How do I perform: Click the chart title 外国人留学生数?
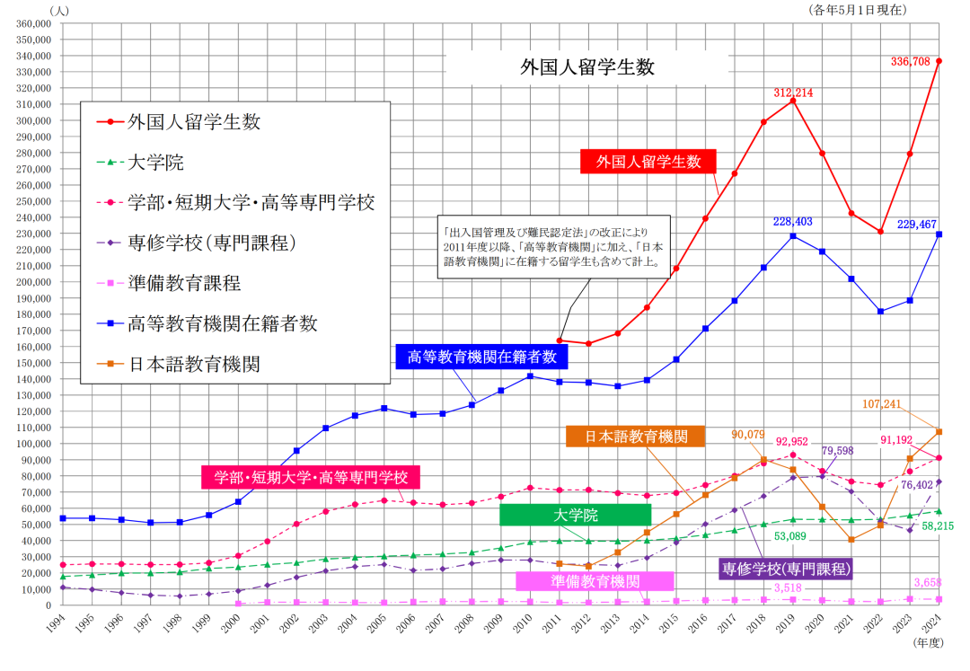coord(588,66)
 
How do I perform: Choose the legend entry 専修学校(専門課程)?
coord(212,243)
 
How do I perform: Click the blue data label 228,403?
coord(793,221)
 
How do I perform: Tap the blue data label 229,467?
coord(914,222)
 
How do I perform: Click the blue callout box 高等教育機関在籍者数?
coord(481,357)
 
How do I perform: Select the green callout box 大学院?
coord(575,515)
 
